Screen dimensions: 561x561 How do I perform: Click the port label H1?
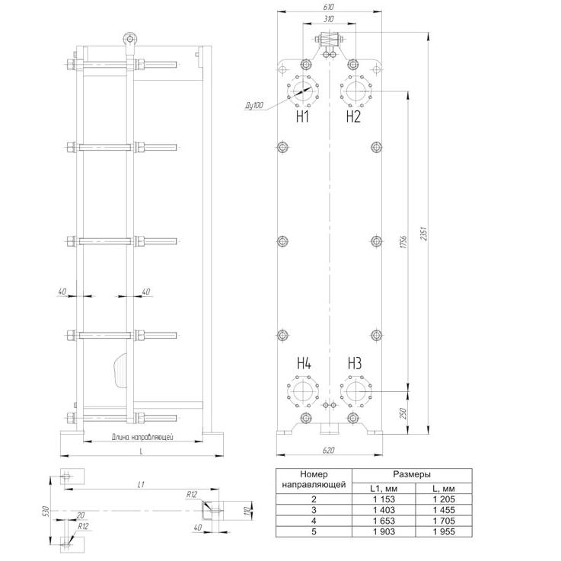click(x=303, y=116)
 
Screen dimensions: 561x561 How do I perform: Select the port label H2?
click(x=353, y=116)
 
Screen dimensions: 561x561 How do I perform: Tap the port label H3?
click(x=355, y=363)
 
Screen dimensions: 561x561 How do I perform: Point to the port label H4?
click(x=304, y=363)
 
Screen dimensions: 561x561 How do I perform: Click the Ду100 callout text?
click(x=254, y=105)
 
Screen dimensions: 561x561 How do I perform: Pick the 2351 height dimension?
click(x=424, y=233)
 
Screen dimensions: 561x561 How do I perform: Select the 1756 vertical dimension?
click(x=403, y=242)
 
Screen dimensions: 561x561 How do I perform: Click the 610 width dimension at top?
click(x=329, y=7)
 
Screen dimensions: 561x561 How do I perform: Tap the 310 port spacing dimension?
click(x=329, y=19)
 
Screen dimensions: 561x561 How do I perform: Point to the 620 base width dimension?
click(x=328, y=450)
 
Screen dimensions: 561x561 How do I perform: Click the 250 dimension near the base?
click(x=403, y=413)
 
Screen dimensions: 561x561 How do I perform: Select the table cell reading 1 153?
click(x=384, y=499)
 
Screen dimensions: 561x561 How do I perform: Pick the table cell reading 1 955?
click(x=444, y=531)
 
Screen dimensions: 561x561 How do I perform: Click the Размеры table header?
click(x=412, y=474)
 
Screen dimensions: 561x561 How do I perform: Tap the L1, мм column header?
click(x=384, y=489)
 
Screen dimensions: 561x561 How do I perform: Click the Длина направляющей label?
click(x=142, y=437)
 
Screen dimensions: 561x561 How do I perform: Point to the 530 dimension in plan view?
click(x=46, y=511)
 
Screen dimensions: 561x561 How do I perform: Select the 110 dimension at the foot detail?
click(x=247, y=511)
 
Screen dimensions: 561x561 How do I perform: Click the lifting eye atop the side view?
click(x=129, y=39)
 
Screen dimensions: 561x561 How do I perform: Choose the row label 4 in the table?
click(x=314, y=521)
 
